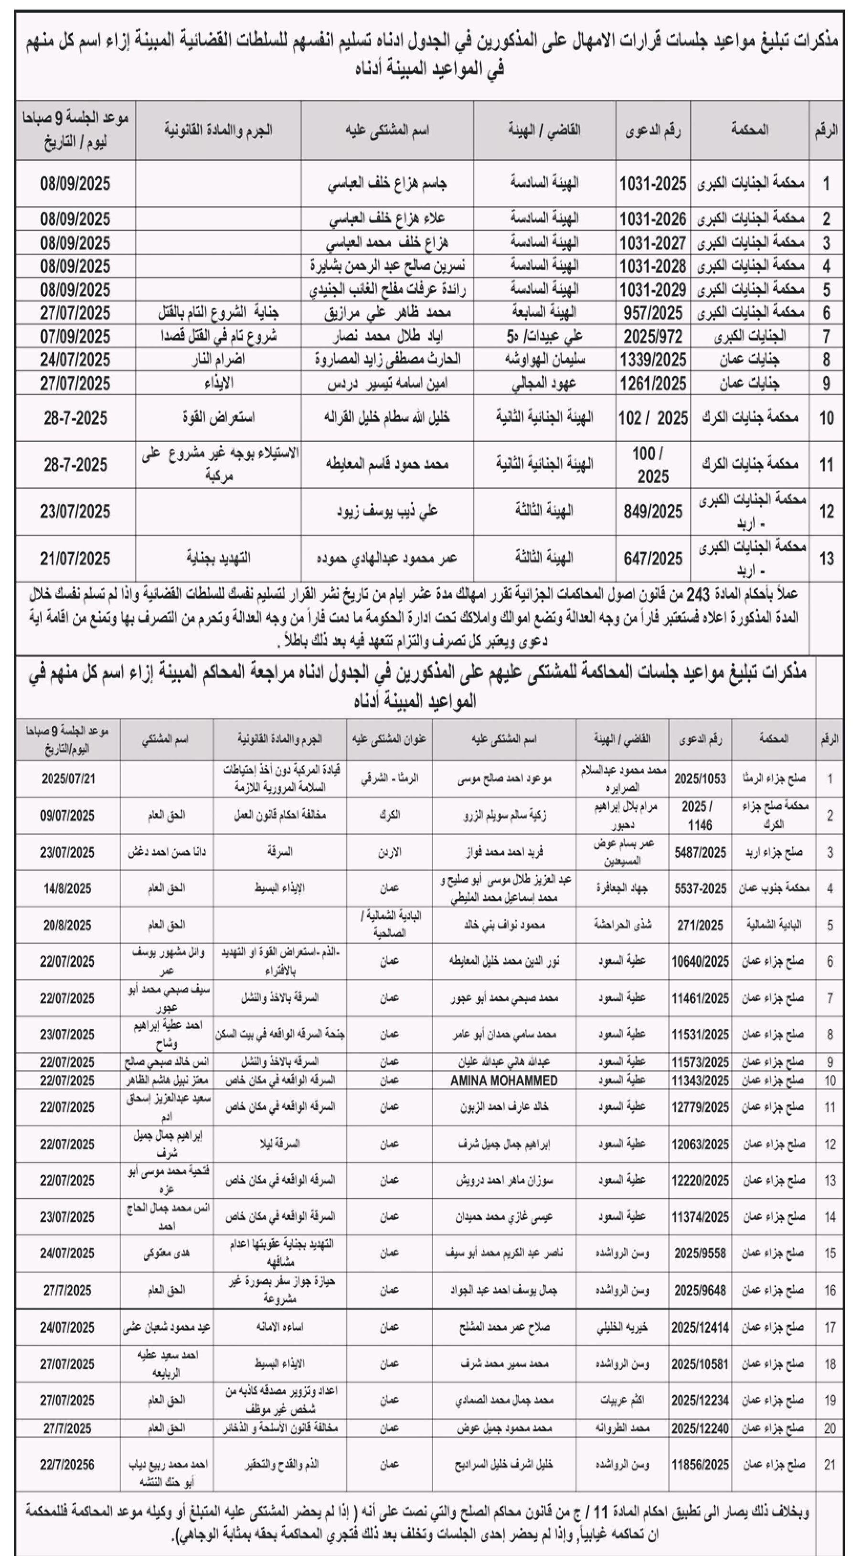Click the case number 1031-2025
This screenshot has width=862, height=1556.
(x=653, y=184)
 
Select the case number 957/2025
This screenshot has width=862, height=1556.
(x=653, y=313)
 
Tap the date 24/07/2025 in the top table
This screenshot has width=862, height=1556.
(x=75, y=360)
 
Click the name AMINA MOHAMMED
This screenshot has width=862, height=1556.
(x=504, y=1081)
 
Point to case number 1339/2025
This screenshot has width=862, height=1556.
(x=653, y=360)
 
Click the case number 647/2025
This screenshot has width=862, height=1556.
(x=653, y=559)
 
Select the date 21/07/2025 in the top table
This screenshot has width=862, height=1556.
(x=75, y=559)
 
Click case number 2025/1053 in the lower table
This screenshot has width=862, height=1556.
(x=700, y=778)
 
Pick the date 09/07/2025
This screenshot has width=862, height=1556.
(x=68, y=815)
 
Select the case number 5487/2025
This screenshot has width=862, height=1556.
(x=700, y=852)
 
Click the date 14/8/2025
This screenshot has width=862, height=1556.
(x=68, y=888)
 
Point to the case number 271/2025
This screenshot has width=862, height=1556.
(x=700, y=925)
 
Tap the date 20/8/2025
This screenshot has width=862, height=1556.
(x=68, y=925)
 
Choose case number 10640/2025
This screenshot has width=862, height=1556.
(x=700, y=961)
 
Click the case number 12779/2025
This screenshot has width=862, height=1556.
(x=700, y=1108)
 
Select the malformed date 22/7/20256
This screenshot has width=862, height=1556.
(x=68, y=1465)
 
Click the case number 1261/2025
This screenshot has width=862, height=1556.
(x=653, y=384)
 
